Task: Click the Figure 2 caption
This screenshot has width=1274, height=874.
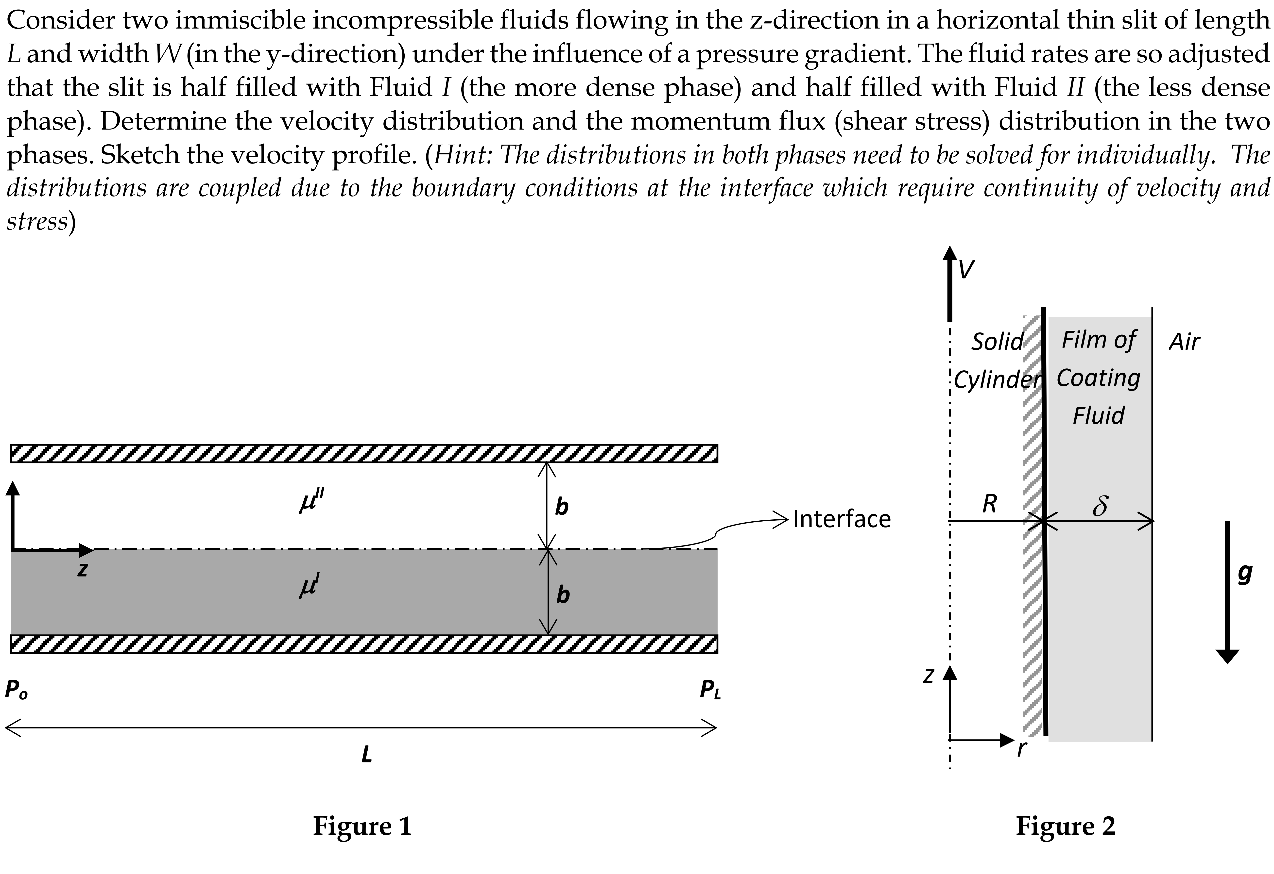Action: click(1065, 825)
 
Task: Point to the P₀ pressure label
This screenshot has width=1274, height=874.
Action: click(16, 689)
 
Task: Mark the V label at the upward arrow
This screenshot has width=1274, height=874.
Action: click(966, 270)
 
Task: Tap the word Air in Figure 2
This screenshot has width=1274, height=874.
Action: click(1184, 342)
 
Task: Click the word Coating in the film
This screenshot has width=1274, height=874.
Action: click(1098, 378)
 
